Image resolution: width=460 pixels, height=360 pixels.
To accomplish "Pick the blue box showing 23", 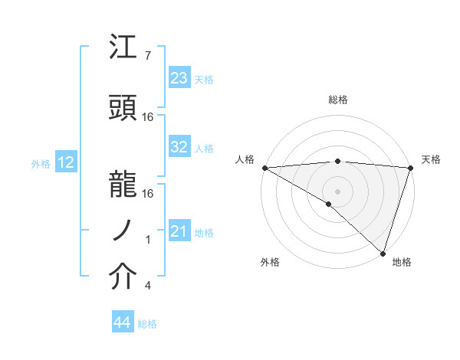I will pos(179,78).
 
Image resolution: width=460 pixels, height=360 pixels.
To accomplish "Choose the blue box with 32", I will pos(179,148).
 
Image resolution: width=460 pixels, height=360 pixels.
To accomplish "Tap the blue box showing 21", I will pos(179,232).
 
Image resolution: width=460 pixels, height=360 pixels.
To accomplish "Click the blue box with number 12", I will pos(66,162).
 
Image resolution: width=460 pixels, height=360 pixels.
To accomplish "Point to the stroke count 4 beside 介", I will pos(148,286).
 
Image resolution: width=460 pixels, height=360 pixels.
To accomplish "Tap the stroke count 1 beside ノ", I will pos(148,240).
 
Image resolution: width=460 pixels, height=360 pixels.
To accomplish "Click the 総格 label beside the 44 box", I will pos(147,324).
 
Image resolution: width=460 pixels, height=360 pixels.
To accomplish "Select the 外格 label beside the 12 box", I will pos(41,163).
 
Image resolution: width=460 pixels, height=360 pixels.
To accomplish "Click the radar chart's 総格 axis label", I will pos(337,100).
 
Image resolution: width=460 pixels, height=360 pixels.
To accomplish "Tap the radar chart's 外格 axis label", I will pos(270,262).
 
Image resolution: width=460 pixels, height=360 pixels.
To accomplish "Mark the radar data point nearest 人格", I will pos(264,167).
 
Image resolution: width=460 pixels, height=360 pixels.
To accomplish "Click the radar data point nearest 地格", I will pos(383,253).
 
